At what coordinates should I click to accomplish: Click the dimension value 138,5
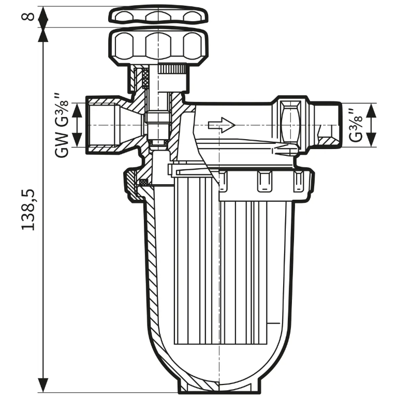28,210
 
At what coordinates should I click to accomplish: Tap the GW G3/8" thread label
61,125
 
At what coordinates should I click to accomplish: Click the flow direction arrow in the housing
222,125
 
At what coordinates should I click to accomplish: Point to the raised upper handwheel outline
158,16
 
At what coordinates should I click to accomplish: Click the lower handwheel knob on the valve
158,47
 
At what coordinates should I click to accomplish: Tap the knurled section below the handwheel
171,69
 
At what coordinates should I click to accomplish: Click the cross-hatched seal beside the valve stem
145,78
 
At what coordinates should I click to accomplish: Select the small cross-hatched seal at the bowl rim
143,182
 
